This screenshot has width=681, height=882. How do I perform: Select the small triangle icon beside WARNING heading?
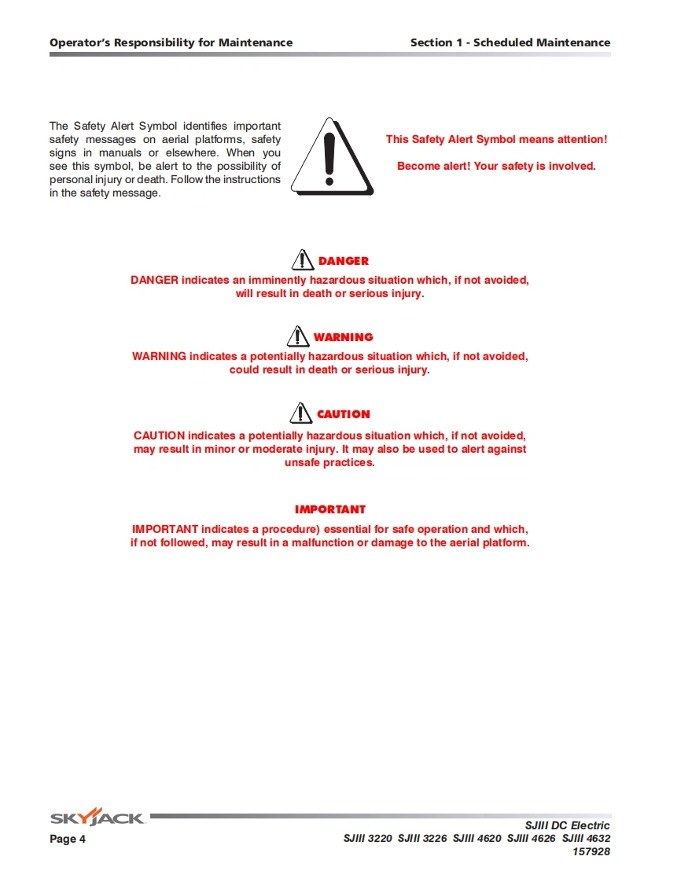point(298,336)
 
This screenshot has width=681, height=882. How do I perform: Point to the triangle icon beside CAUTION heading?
point(301,413)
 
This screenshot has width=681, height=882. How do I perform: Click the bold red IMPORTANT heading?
point(330,509)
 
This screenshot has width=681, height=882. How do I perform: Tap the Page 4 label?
point(68,839)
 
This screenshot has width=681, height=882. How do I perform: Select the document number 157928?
point(591,851)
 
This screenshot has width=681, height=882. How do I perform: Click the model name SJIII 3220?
point(367,839)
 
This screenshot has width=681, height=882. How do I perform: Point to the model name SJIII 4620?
point(477,839)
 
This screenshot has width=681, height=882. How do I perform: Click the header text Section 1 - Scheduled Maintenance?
point(510,42)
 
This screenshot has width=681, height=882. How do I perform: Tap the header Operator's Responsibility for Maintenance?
point(171,42)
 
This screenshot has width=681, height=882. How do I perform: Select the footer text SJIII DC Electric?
point(567,825)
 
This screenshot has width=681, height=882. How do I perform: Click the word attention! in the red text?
point(582,139)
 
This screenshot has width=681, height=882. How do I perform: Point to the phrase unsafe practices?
point(329,463)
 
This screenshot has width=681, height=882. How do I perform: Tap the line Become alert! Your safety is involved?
point(496,166)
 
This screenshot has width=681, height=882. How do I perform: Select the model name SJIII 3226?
point(422,839)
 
